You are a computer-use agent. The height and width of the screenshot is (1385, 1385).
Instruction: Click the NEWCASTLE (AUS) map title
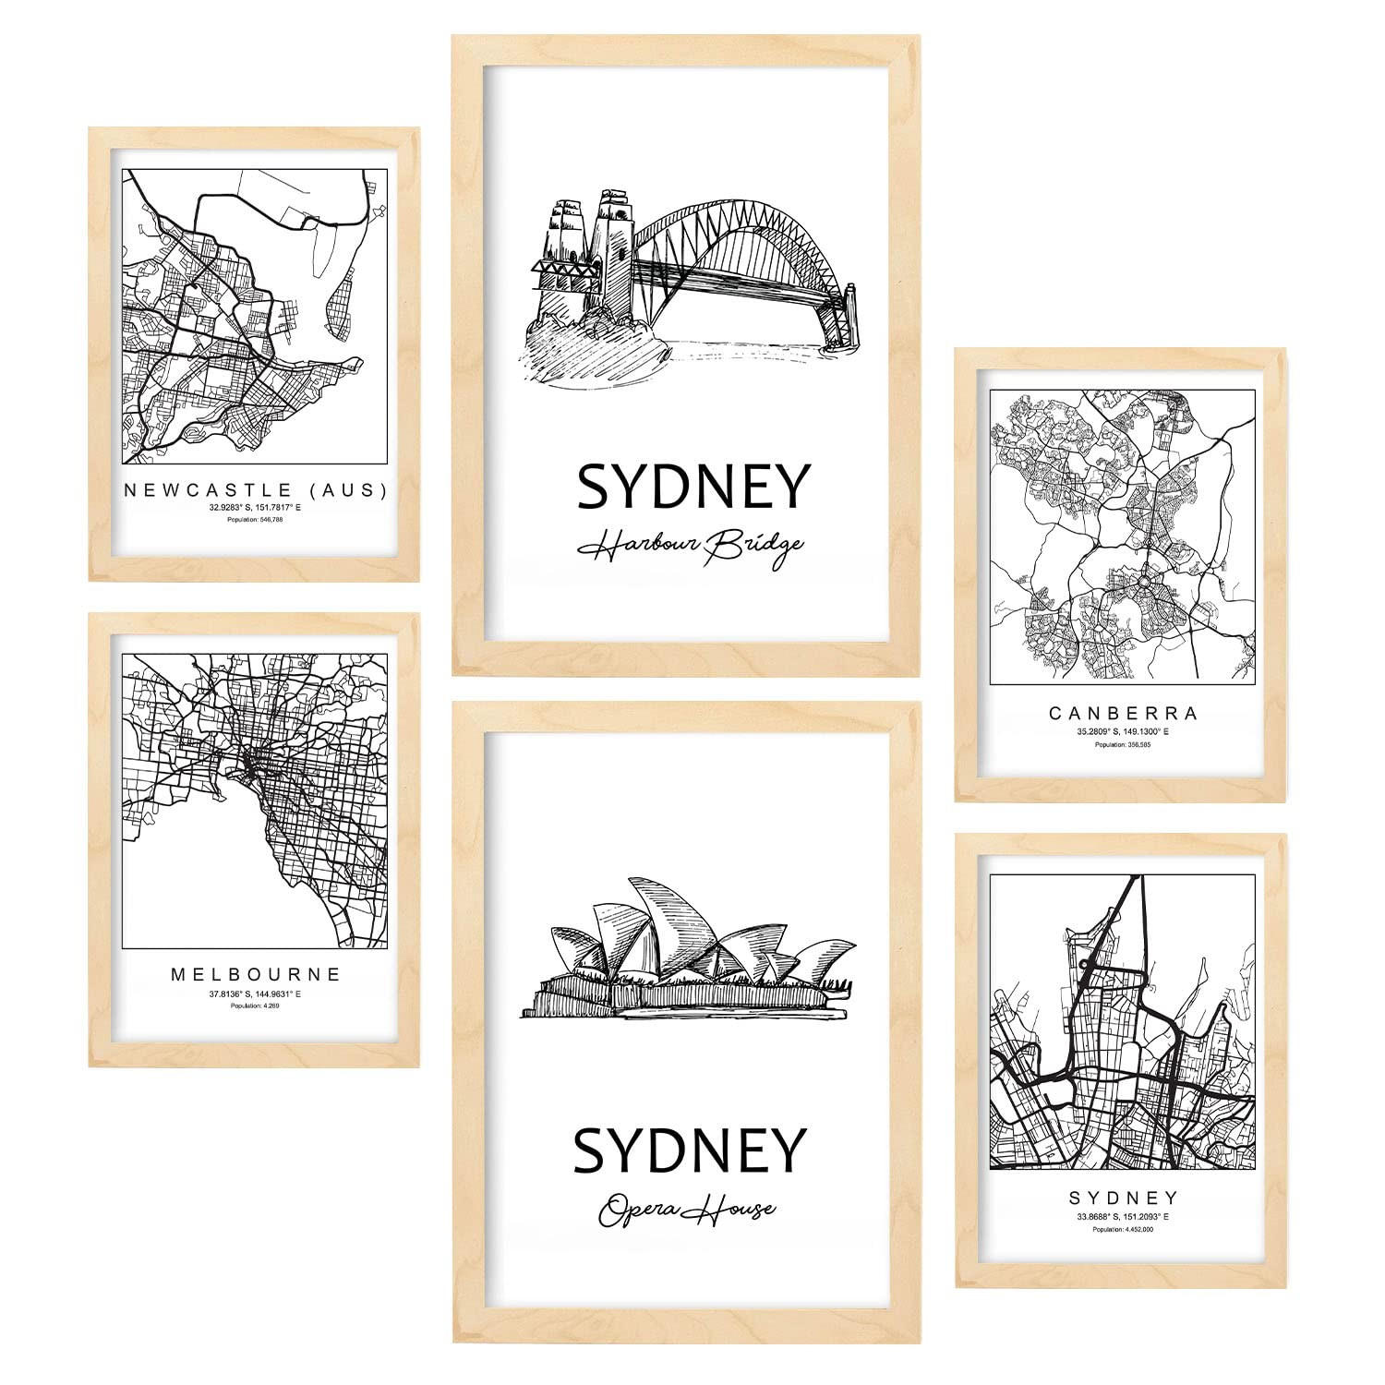pyautogui.click(x=254, y=490)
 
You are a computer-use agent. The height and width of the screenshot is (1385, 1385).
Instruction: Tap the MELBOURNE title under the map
pyautogui.click(x=254, y=973)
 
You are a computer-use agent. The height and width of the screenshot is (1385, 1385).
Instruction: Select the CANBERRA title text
pyautogui.click(x=1122, y=713)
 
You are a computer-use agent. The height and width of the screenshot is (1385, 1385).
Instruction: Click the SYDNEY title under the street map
pyautogui.click(x=1122, y=1198)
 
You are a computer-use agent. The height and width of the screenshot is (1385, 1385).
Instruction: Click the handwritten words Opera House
pyautogui.click(x=687, y=1208)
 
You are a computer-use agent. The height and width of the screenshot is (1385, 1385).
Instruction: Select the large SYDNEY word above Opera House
pyautogui.click(x=690, y=1150)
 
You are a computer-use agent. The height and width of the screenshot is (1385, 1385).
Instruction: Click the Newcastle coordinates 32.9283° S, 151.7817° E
pyautogui.click(x=254, y=508)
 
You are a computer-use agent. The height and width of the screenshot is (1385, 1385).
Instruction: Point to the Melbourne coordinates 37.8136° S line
pyautogui.click(x=254, y=994)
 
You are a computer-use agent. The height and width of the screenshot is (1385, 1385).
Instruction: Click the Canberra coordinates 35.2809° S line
pyautogui.click(x=1122, y=731)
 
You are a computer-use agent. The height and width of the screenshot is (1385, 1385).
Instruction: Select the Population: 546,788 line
pyautogui.click(x=254, y=520)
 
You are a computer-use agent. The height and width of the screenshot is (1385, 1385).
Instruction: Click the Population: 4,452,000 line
pyautogui.click(x=1122, y=1229)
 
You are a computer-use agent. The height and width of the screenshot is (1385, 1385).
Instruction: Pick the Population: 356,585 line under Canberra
pyautogui.click(x=1122, y=743)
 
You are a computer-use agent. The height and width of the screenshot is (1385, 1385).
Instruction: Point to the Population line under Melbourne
pyautogui.click(x=254, y=1006)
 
